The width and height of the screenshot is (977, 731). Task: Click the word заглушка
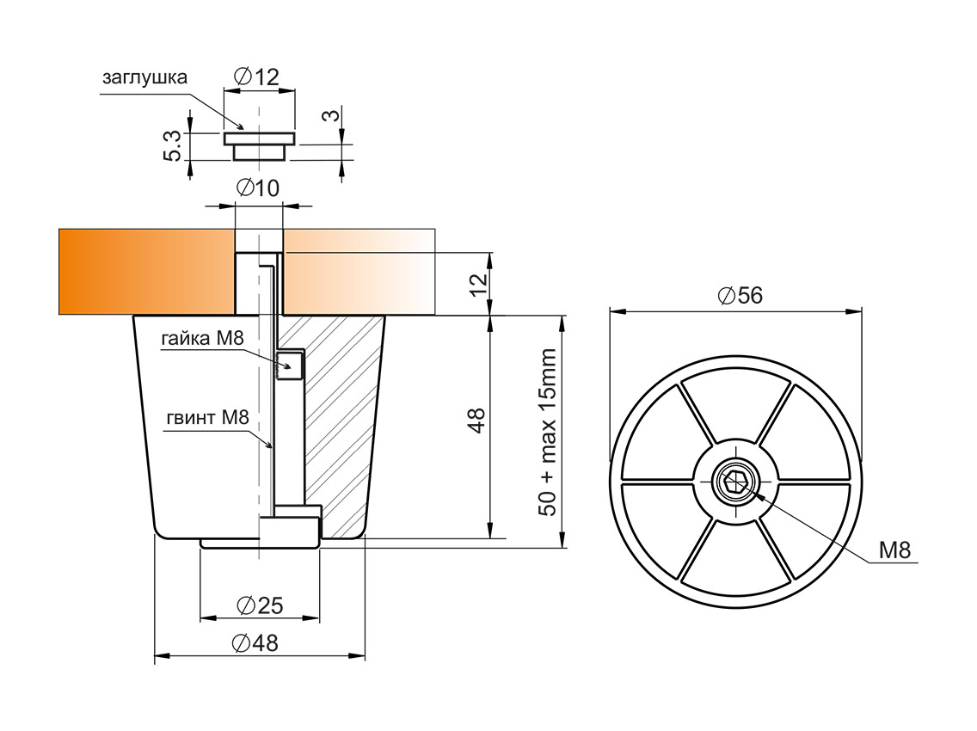pos(144,77)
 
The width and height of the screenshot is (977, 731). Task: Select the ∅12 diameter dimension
pos(256,77)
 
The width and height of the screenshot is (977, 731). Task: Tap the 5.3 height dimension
pos(172,147)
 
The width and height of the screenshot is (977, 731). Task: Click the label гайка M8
pos(202,339)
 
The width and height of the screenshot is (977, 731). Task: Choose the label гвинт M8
pos(207,419)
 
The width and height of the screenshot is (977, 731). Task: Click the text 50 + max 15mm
pos(548,431)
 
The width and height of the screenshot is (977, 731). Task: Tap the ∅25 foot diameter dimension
pos(259,605)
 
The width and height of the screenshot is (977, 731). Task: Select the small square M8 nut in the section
pos(290,365)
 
